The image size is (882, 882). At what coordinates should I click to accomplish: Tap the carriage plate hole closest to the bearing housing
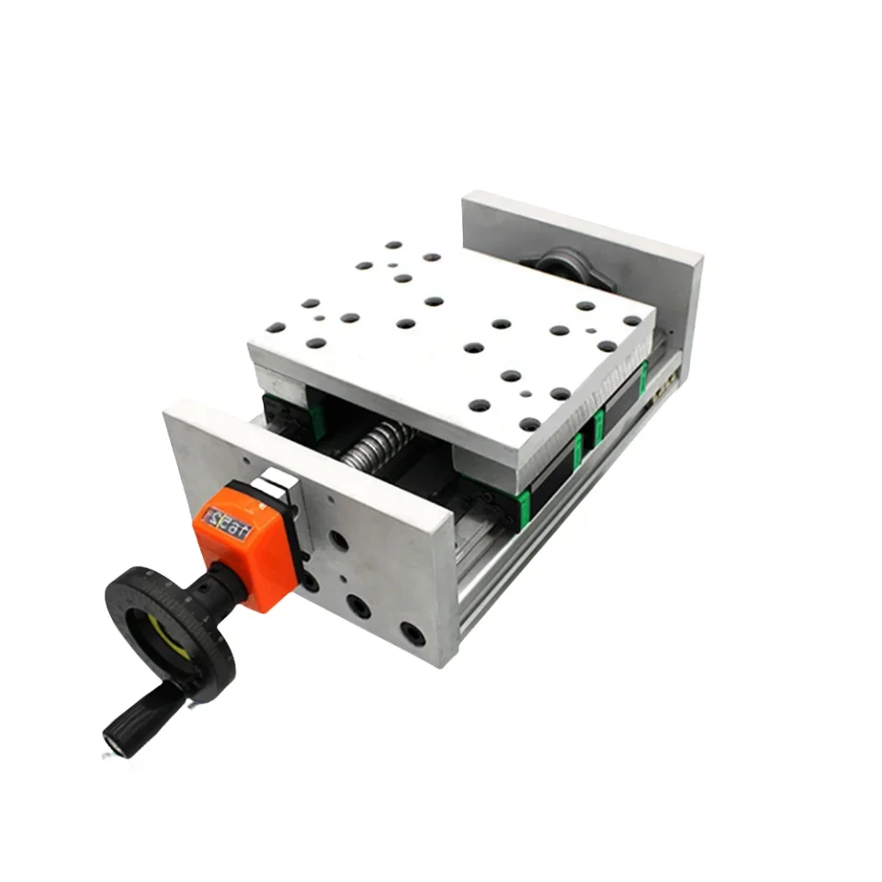(584, 305)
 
